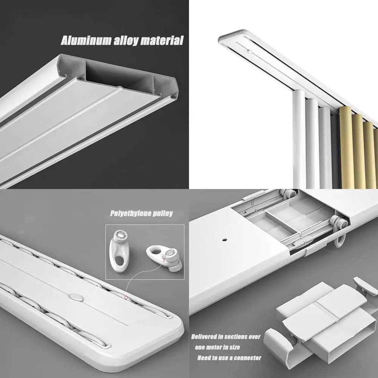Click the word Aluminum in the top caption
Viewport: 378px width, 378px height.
tap(84, 40)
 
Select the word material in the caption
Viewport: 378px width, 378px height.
tap(162, 40)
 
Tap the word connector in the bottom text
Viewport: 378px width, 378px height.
tap(245, 358)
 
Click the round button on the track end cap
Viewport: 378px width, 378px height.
tap(77, 297)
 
